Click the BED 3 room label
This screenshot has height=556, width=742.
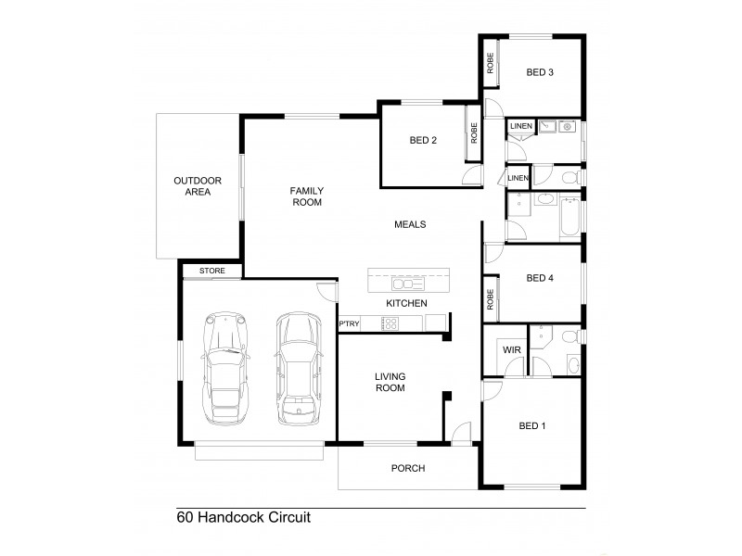(x=540, y=72)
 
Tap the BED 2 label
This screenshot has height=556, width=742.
(x=423, y=141)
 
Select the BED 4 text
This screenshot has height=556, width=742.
(x=540, y=277)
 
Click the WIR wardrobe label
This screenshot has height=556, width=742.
(x=510, y=350)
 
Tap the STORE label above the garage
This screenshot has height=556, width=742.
(x=212, y=271)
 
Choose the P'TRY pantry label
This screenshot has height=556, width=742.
(x=349, y=322)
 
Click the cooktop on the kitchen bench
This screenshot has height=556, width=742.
(x=390, y=322)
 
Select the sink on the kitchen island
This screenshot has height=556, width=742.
(x=404, y=279)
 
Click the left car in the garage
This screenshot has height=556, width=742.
(x=227, y=369)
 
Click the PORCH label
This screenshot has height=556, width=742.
(x=407, y=469)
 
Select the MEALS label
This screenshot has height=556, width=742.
(x=410, y=224)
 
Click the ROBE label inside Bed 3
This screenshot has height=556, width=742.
(x=489, y=63)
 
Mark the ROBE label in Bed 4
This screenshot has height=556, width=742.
(x=489, y=300)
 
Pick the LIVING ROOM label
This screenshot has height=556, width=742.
(x=390, y=382)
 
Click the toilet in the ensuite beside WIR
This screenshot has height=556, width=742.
(x=573, y=363)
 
